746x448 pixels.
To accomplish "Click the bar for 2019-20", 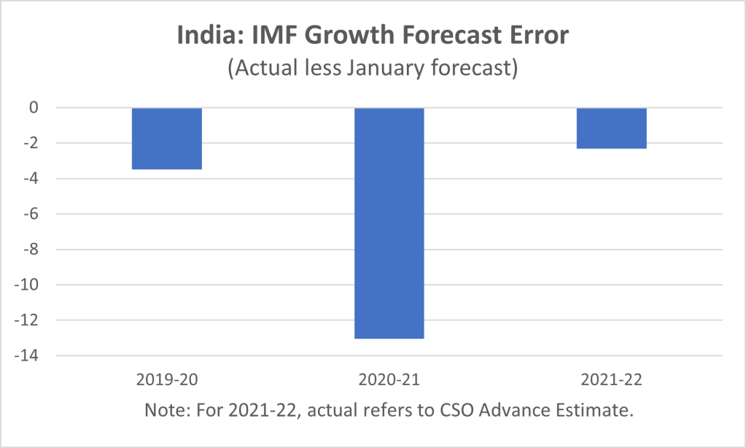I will [167, 139].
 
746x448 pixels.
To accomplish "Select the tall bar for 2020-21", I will [389, 223].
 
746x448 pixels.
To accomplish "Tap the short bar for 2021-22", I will [612, 128].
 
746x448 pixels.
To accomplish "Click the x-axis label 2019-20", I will [167, 381].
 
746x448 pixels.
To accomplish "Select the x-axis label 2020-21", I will [389, 381].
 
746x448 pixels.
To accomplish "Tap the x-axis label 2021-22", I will [612, 381].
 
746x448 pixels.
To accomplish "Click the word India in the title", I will [206, 35].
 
